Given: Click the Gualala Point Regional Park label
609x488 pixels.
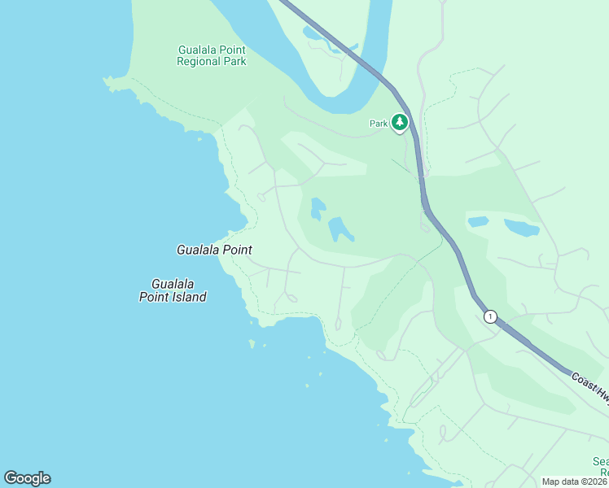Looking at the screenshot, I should point(212,55).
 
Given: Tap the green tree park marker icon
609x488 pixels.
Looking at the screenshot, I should point(399,123).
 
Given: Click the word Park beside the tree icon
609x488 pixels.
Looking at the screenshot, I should point(378,124).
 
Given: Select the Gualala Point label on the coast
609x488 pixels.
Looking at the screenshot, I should point(214,251).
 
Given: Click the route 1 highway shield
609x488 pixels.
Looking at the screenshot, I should point(489,316).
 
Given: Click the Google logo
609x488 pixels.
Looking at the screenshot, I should point(27,477).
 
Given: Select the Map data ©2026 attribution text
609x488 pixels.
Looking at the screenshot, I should point(575,481).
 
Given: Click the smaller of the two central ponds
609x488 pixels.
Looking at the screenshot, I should point(318,208).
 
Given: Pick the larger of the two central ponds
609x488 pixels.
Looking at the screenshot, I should point(340,229).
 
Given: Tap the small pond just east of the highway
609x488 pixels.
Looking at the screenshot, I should point(478,221).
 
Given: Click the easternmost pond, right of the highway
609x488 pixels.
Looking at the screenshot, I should point(521,227).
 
